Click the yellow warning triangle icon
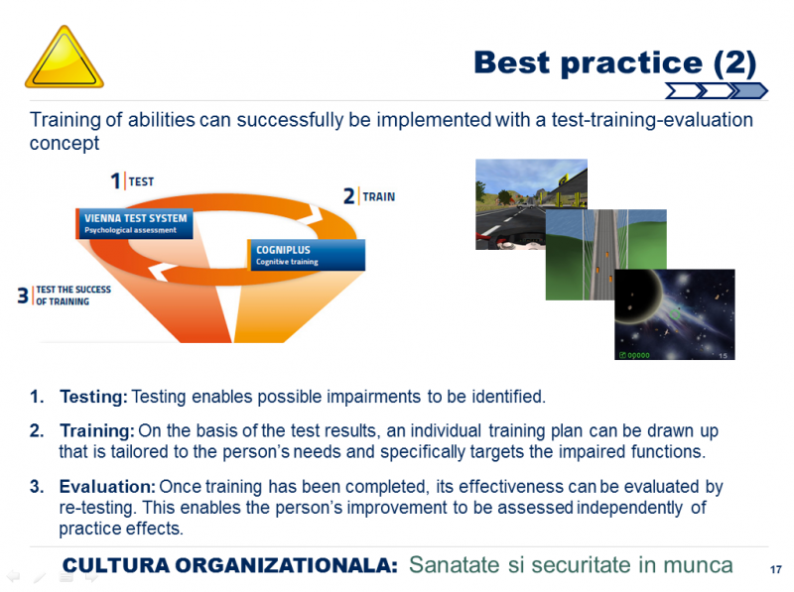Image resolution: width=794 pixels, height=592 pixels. click(x=65, y=58)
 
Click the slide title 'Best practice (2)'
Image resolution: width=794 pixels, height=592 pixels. click(x=614, y=63)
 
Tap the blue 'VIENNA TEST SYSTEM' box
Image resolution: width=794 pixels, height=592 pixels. click(x=135, y=224)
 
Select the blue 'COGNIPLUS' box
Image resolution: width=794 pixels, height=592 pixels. click(x=307, y=255)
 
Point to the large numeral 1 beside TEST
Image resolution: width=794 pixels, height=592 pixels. click(x=116, y=181)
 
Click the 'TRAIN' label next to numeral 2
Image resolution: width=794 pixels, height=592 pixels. click(x=379, y=196)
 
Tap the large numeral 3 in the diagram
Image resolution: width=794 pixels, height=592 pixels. click(x=23, y=295)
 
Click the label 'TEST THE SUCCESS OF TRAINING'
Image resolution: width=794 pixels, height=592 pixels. click(x=73, y=296)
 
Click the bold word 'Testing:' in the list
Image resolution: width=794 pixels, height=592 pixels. click(x=94, y=397)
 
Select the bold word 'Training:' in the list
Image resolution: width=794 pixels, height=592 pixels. click(x=97, y=430)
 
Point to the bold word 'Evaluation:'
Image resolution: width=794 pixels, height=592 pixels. click(x=107, y=486)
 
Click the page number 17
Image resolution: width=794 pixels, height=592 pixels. click(x=776, y=570)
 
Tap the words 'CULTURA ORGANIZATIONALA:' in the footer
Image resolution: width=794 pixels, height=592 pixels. click(x=230, y=565)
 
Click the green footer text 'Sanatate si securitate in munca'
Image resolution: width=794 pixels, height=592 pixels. click(x=571, y=564)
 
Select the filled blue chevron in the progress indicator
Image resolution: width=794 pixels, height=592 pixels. click(x=749, y=91)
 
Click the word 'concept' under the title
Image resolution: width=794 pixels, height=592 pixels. click(x=65, y=144)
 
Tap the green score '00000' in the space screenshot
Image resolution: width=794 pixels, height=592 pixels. click(x=638, y=355)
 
